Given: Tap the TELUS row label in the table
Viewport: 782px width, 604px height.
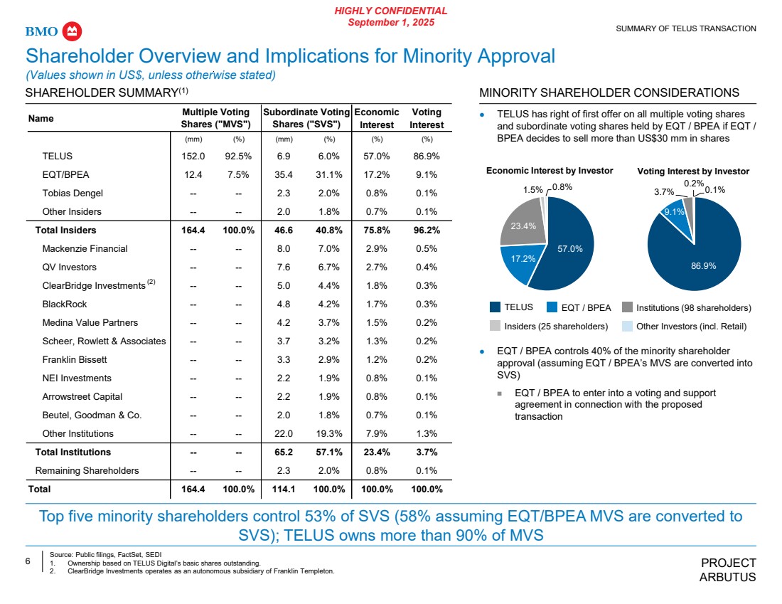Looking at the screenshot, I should coord(58,156).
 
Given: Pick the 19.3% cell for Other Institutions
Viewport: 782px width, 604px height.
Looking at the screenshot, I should coord(330,433).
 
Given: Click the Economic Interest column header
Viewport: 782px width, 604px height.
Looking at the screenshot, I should coord(377,118).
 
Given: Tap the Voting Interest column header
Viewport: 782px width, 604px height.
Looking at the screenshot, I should coord(427,118).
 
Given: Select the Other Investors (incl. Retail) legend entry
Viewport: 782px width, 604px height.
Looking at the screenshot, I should coord(681,327).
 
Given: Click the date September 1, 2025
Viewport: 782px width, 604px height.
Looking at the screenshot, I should coord(391,22).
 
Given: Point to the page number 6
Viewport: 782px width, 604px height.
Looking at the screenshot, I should coord(28,561).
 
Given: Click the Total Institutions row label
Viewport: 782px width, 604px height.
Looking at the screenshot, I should coord(73,452).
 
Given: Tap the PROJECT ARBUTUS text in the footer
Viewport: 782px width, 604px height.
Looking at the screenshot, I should coord(728,570).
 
